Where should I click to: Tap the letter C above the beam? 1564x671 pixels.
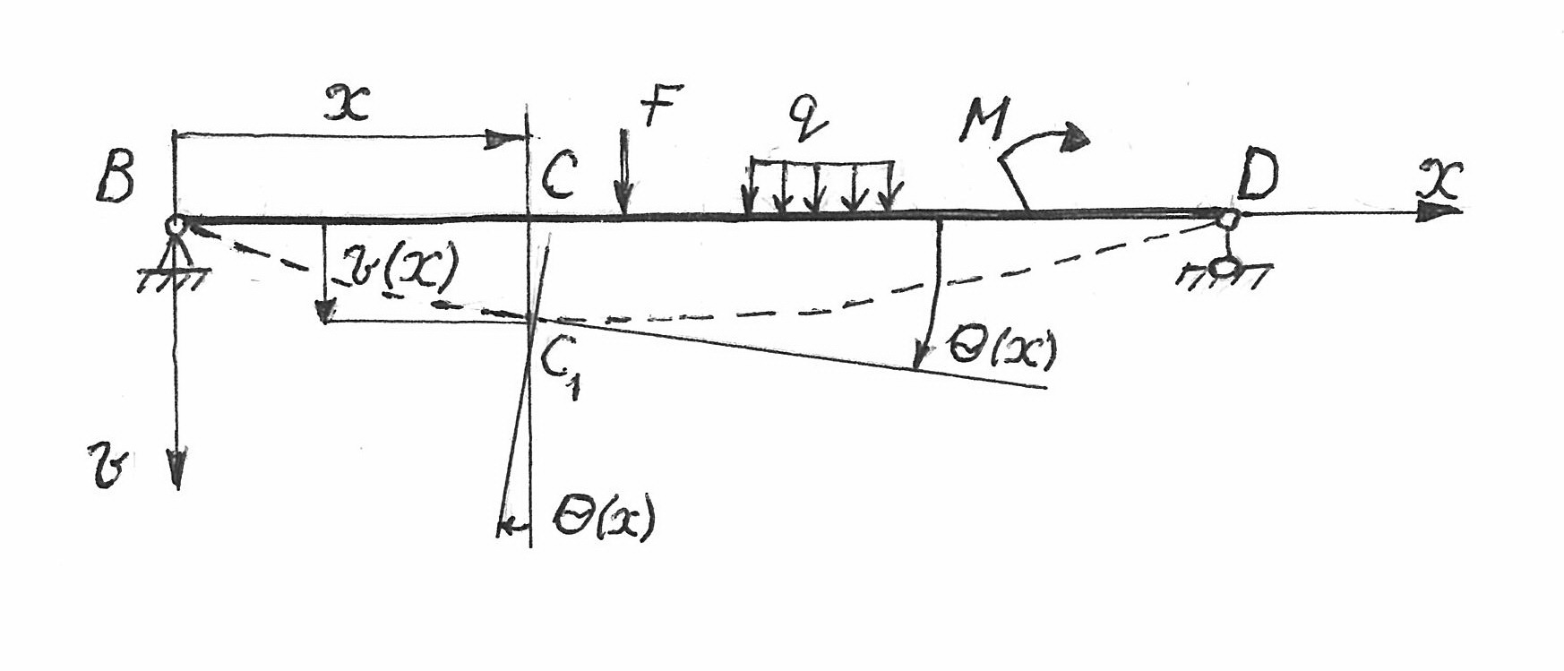[x=560, y=175]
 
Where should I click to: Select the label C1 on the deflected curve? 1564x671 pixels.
[x=557, y=366]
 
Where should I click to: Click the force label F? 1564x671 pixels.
[x=663, y=105]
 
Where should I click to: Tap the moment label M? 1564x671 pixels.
[x=984, y=122]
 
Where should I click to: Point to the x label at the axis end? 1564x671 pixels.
[x=1441, y=179]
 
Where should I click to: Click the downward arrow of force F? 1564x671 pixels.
[x=624, y=171]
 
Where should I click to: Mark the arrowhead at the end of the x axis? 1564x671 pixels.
[x=1440, y=211]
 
